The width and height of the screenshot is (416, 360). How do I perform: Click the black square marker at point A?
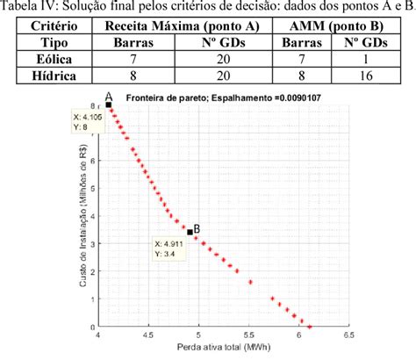(x=108, y=104)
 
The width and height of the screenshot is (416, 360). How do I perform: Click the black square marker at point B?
(x=190, y=232)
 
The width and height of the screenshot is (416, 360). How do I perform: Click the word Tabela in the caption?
(x=27, y=8)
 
